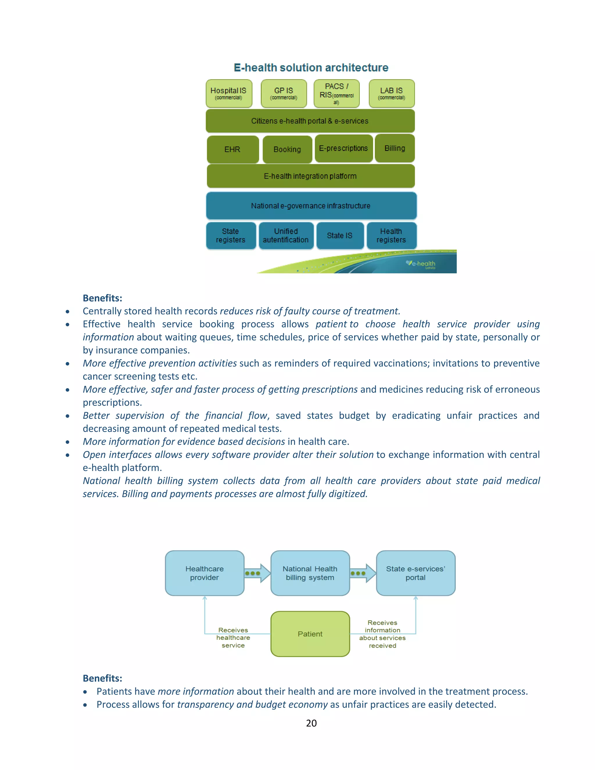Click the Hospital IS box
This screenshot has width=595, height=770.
pyautogui.click(x=229, y=94)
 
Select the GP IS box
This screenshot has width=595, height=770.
pyautogui.click(x=284, y=94)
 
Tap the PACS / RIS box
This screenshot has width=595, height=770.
pyautogui.click(x=337, y=94)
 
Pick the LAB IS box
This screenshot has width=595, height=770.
pyautogui.click(x=392, y=94)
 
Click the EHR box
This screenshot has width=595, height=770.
pyautogui.click(x=233, y=149)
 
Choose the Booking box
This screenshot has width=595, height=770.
pyautogui.click(x=287, y=149)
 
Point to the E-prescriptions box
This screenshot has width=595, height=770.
pyautogui.click(x=344, y=148)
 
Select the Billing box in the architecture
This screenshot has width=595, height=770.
pyautogui.click(x=395, y=148)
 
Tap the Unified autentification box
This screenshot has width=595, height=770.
pyautogui.click(x=286, y=236)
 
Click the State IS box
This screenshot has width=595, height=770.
pyautogui.click(x=340, y=236)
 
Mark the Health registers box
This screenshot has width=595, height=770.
pyautogui.click(x=391, y=236)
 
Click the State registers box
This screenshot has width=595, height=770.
pyautogui.click(x=231, y=236)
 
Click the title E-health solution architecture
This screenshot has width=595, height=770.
pyautogui.click(x=311, y=67)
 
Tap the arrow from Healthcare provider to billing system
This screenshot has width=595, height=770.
pyautogui.click(x=257, y=573)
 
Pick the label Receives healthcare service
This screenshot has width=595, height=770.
pyautogui.click(x=233, y=638)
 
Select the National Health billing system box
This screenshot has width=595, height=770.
pyautogui.click(x=310, y=573)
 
